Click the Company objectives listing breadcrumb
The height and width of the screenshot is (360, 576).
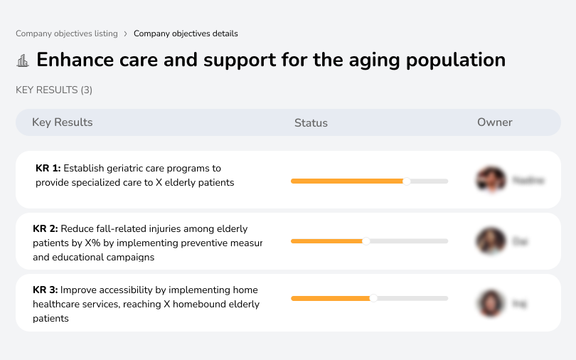tap(67, 33)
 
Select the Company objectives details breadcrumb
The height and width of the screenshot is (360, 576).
tap(186, 33)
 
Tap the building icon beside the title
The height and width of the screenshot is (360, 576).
tap(23, 60)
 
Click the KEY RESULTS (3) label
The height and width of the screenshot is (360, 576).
tap(54, 90)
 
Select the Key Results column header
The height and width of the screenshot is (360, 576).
tap(63, 122)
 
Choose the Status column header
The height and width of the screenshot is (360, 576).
tap(311, 123)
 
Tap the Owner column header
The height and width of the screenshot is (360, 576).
tap(495, 122)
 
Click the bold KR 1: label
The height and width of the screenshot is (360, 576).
tap(48, 169)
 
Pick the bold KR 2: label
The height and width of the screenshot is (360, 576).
tap(46, 229)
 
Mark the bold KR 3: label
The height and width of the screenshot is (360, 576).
tap(46, 290)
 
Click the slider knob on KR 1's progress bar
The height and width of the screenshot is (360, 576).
tap(407, 181)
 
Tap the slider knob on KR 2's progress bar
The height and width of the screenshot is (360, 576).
tap(366, 241)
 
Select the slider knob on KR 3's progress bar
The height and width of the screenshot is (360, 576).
tap(373, 298)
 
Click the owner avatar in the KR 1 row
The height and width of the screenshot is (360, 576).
tap(491, 180)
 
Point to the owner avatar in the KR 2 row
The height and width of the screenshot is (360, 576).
tap(491, 241)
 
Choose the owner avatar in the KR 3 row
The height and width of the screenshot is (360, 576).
tap(491, 303)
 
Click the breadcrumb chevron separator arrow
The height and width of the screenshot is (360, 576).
tap(126, 33)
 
